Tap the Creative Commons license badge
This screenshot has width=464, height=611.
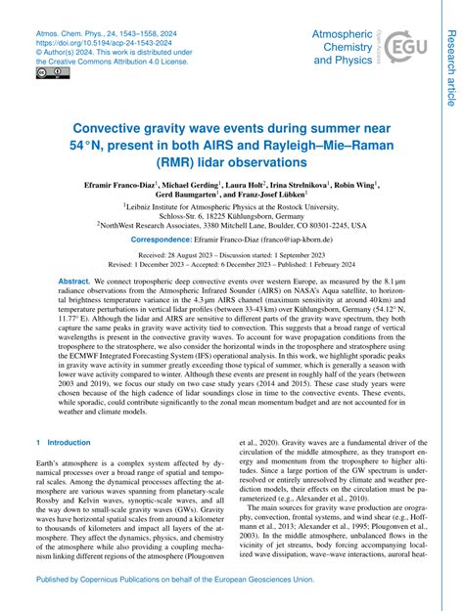coord(46,71)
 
